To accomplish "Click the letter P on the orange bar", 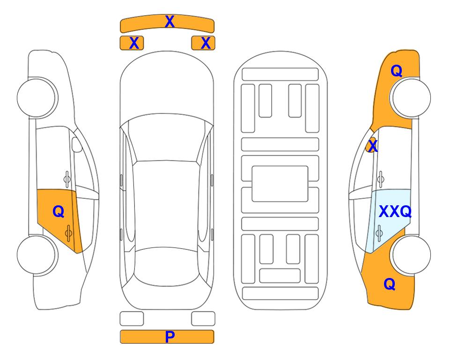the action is (x=170, y=337).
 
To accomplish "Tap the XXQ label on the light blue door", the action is (x=395, y=212).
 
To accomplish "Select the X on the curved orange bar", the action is (x=170, y=22).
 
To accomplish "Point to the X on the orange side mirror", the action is (x=373, y=145).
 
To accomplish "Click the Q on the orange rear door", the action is (x=59, y=212).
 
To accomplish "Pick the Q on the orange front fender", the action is (x=396, y=71).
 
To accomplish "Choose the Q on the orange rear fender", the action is (x=390, y=284).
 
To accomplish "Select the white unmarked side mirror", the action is (x=77, y=144).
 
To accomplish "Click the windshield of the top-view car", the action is (x=166, y=140).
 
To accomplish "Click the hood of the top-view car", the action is (x=167, y=86).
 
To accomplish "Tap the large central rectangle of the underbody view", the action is (x=280, y=184).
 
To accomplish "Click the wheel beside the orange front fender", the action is (x=411, y=98).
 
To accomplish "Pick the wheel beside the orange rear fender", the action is (x=411, y=255).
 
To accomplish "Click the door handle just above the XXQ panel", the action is (x=381, y=179).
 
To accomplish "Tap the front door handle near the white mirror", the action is (x=67, y=179).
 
